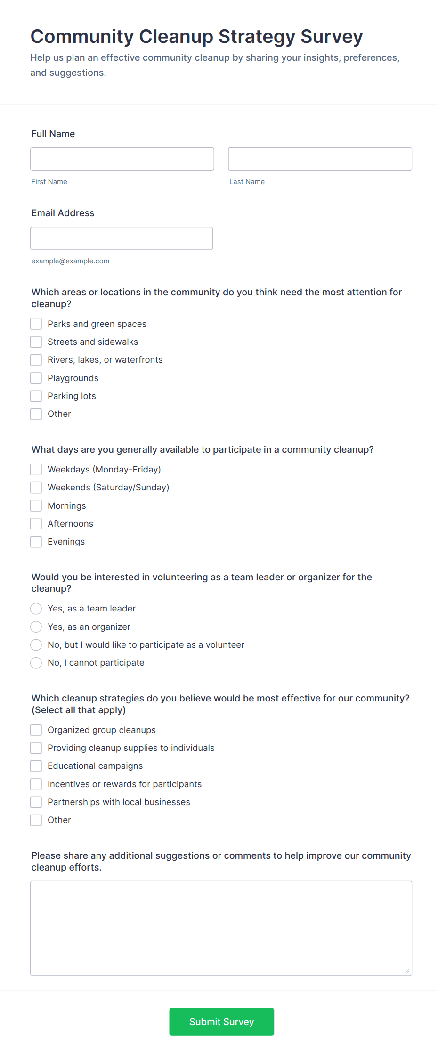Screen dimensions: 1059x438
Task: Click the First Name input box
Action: tap(122, 159)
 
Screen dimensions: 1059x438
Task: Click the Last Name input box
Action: tap(320, 159)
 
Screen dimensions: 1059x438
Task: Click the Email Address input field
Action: tap(122, 238)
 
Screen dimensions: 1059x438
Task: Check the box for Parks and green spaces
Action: tap(36, 324)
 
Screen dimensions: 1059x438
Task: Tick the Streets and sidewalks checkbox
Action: tap(36, 342)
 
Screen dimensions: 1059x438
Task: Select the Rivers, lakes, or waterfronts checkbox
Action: tap(36, 360)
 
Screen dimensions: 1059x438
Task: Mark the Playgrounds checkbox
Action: tap(36, 378)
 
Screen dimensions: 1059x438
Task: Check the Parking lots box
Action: tap(36, 396)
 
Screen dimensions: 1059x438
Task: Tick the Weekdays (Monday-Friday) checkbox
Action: tap(36, 470)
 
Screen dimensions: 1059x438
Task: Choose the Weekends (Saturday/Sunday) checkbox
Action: tap(36, 488)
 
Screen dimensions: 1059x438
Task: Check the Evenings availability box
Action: tap(36, 542)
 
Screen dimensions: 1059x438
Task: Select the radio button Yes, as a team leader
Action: tap(36, 609)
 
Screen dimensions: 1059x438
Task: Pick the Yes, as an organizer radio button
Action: tap(36, 627)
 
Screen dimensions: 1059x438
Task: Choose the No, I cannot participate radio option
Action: tap(36, 663)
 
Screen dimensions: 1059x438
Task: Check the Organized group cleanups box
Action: tap(36, 730)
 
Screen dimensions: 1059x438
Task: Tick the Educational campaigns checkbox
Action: tap(36, 766)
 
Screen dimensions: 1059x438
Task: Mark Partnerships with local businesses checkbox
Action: tap(36, 802)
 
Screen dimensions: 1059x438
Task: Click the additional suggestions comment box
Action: tap(221, 928)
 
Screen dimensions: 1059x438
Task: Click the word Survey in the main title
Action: tap(332, 37)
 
